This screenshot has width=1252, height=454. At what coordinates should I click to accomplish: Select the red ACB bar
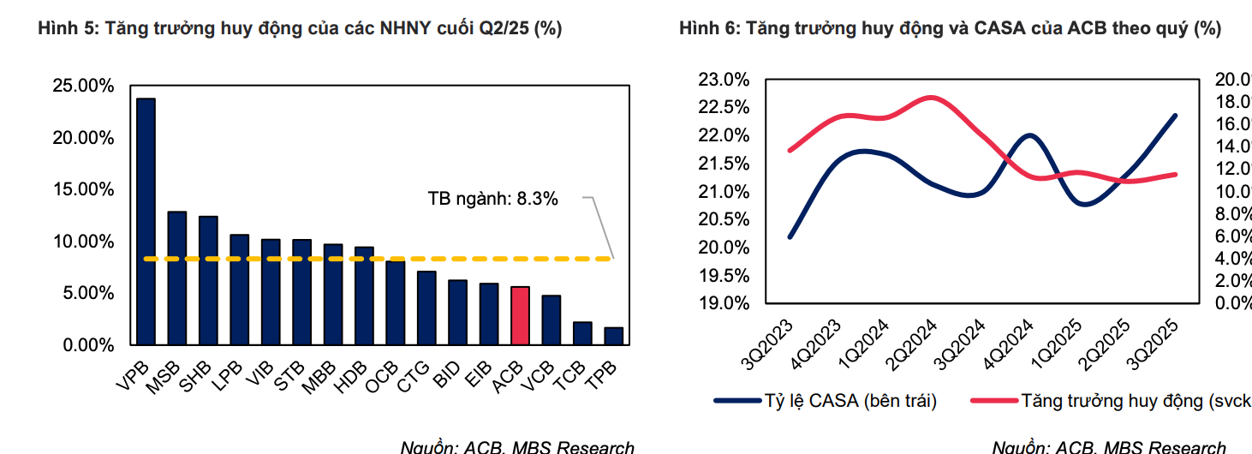(x=519, y=315)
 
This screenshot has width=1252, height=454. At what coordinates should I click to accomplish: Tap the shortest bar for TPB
(x=613, y=335)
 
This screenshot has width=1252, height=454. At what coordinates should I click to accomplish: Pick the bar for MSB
(x=176, y=278)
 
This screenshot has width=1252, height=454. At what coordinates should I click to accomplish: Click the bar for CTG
(x=426, y=308)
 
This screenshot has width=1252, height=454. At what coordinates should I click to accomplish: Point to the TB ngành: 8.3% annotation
(x=492, y=199)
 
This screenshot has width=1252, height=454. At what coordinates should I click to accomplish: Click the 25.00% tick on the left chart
(x=83, y=86)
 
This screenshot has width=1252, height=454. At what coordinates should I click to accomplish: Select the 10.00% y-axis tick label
(x=83, y=242)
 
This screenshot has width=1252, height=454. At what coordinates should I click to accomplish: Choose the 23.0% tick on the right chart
(x=724, y=80)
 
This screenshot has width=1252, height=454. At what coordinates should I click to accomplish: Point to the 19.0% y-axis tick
(x=724, y=303)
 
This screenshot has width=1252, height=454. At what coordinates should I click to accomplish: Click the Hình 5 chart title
(x=300, y=28)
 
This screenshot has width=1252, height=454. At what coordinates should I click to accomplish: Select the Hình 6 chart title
(x=950, y=28)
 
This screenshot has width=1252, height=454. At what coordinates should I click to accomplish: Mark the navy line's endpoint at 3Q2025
(x=1175, y=115)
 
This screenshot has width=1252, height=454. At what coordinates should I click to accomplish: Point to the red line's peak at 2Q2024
(x=932, y=97)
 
